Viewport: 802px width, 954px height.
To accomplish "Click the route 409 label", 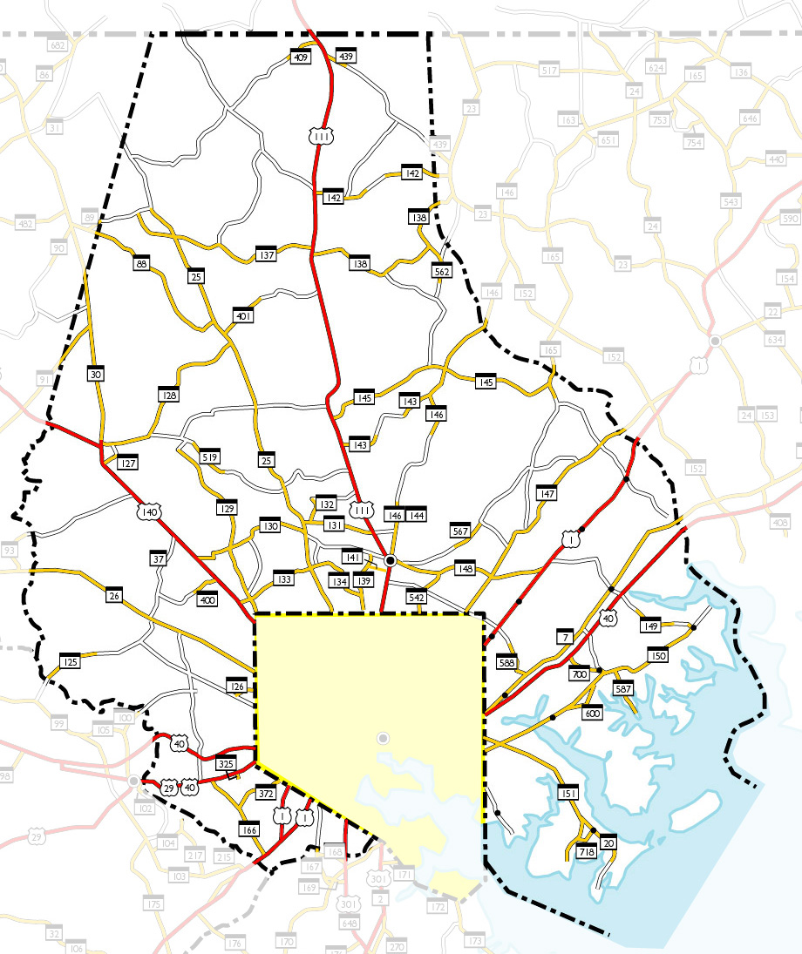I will tap(301, 58).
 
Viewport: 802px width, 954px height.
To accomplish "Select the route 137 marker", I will tap(267, 255).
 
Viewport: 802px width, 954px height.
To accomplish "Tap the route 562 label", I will tap(442, 271).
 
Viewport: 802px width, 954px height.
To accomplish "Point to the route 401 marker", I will tap(243, 316).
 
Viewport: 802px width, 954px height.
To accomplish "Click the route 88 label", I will tap(142, 263).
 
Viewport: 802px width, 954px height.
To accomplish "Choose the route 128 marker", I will tap(169, 396).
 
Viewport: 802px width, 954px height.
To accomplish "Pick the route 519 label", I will tap(209, 457).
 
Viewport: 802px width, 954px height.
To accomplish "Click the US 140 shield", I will tap(149, 513).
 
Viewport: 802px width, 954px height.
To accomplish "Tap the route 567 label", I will tap(461, 531).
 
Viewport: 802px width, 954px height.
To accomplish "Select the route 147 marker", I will tap(547, 494).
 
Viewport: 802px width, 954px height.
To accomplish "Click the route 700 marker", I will tap(580, 673).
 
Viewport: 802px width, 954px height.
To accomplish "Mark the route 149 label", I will tap(649, 625).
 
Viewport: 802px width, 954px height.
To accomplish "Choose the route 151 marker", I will tap(568, 794).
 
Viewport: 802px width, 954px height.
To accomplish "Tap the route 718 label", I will tap(587, 852).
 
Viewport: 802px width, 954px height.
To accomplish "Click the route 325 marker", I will tap(226, 764).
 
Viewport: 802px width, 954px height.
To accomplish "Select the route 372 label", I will tap(266, 794).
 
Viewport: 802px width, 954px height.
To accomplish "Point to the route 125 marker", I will tap(71, 662).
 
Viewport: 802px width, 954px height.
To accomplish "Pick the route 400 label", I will tap(207, 599).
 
